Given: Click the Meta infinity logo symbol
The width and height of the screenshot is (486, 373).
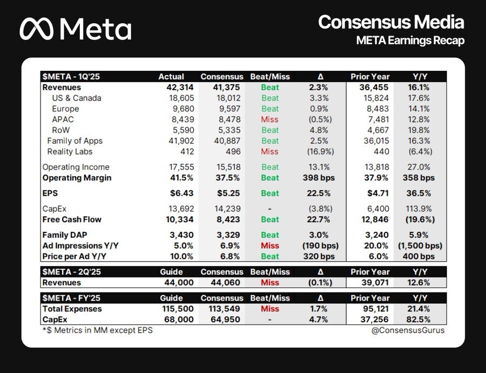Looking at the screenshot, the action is pyautogui.click(x=37, y=29).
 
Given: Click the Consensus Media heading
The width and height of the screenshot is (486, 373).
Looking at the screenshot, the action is pyautogui.click(x=391, y=22).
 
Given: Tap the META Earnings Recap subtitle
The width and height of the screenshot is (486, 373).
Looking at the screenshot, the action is pyautogui.click(x=410, y=41).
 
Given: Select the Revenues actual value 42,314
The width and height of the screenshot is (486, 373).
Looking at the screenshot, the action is pyautogui.click(x=180, y=88).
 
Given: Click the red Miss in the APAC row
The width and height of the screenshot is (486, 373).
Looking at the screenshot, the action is pyautogui.click(x=269, y=119).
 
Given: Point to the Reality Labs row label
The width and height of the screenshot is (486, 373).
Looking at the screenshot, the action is pyautogui.click(x=70, y=152).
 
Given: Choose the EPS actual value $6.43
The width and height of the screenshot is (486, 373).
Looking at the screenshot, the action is pyautogui.click(x=181, y=194).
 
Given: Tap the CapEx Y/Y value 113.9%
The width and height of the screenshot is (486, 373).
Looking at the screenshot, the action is pyautogui.click(x=418, y=209).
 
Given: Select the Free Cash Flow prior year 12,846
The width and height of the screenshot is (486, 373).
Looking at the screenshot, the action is pyautogui.click(x=375, y=219).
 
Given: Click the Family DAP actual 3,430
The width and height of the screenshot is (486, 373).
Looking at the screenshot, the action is pyautogui.click(x=181, y=235).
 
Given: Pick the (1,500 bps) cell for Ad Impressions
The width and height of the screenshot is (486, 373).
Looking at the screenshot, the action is pyautogui.click(x=420, y=246).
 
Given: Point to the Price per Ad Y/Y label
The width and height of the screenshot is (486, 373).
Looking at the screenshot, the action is pyautogui.click(x=75, y=257).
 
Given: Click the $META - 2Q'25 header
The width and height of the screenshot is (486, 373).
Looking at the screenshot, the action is pyautogui.click(x=72, y=272).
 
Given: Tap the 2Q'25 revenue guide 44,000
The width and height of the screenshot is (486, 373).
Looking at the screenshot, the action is pyautogui.click(x=179, y=283).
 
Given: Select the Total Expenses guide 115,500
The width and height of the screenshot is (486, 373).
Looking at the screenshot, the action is pyautogui.click(x=178, y=309).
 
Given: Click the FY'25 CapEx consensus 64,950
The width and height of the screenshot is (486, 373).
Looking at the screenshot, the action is pyautogui.click(x=225, y=319).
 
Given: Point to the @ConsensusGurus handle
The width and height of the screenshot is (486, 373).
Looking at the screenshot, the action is pyautogui.click(x=408, y=330).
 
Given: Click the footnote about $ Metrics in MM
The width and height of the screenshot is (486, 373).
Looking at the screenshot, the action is pyautogui.click(x=98, y=330).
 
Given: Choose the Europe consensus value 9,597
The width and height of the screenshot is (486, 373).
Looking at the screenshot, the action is pyautogui.click(x=228, y=109).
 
